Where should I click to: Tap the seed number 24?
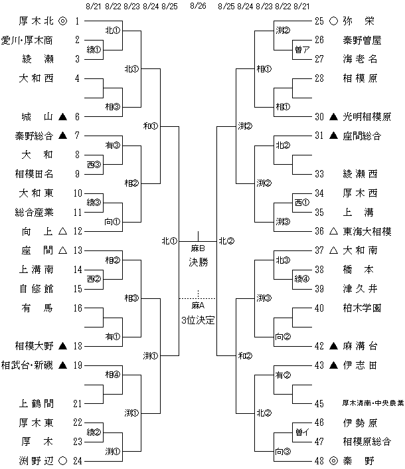78,460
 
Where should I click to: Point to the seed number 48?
319,460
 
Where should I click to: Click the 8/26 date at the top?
198,6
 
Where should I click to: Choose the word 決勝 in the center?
198,262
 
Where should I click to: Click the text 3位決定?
198,320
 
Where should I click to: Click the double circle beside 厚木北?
63,21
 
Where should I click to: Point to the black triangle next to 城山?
63,117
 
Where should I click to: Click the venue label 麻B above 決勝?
198,248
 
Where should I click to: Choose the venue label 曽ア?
301,49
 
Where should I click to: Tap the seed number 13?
78,250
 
